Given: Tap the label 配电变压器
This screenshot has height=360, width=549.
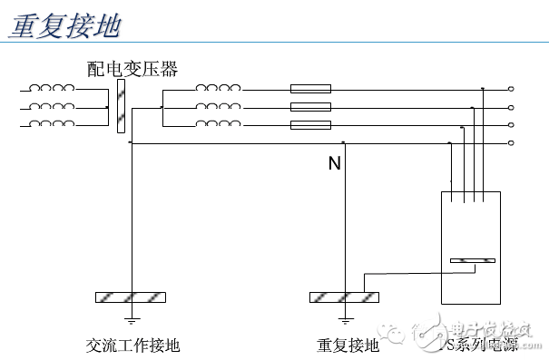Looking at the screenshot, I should (132, 69).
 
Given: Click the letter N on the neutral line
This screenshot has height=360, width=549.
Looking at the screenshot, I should (334, 164).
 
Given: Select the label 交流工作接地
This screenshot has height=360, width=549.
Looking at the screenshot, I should (132, 345).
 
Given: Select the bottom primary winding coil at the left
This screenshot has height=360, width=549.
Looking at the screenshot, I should (52, 124).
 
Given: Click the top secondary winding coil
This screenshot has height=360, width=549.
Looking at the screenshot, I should (218, 88).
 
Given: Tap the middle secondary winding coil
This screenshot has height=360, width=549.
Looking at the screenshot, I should (218, 106).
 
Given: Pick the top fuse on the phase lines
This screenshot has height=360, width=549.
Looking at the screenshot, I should (310, 89).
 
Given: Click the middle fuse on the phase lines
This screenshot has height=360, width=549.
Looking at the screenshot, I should (310, 107).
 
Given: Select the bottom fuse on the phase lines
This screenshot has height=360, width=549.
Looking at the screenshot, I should (310, 125).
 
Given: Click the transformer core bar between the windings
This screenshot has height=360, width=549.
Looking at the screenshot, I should (120, 106).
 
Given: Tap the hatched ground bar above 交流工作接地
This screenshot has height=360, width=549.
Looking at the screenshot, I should (132, 297).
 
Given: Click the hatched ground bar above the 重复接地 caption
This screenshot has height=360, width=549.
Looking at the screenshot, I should (345, 297).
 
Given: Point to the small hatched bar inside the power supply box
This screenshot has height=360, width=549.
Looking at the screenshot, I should (472, 262).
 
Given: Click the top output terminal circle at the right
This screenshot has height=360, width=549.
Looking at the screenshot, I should (512, 89).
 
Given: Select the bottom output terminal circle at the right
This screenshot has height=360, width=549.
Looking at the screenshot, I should (512, 143).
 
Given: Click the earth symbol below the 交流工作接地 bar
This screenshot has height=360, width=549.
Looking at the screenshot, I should (132, 319).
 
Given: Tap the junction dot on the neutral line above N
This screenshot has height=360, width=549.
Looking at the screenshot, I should (343, 143).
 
